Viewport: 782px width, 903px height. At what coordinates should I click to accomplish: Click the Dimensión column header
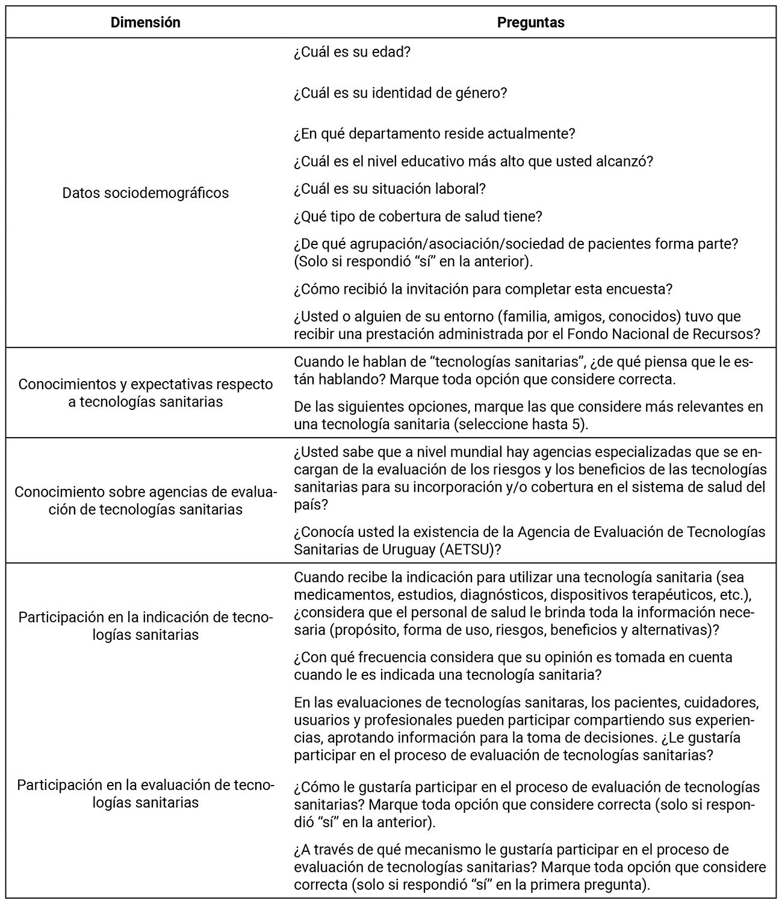(x=145, y=23)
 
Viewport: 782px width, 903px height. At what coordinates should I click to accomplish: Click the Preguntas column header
(x=530, y=23)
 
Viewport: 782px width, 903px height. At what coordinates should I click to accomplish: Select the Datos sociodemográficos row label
(x=145, y=193)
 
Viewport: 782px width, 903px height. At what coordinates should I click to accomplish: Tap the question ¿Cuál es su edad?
(x=352, y=52)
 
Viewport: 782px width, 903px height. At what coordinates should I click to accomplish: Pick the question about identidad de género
(x=400, y=93)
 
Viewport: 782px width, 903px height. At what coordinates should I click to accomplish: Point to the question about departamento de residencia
(x=434, y=134)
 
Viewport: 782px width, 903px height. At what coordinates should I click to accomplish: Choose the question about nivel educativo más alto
(x=473, y=161)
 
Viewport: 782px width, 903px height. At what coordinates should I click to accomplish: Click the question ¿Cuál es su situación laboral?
(x=389, y=189)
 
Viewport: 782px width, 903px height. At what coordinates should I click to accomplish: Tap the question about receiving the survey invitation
(x=483, y=289)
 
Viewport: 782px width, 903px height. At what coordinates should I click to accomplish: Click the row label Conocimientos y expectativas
(x=145, y=393)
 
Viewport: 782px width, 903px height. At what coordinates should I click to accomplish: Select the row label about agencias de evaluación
(x=145, y=500)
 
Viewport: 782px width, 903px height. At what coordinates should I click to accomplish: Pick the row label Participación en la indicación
(x=145, y=626)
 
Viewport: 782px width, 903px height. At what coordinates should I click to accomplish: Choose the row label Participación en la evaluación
(x=145, y=793)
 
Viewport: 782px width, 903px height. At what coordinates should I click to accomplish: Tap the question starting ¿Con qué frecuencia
(x=513, y=666)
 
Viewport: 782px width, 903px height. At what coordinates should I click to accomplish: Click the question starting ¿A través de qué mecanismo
(x=530, y=867)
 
